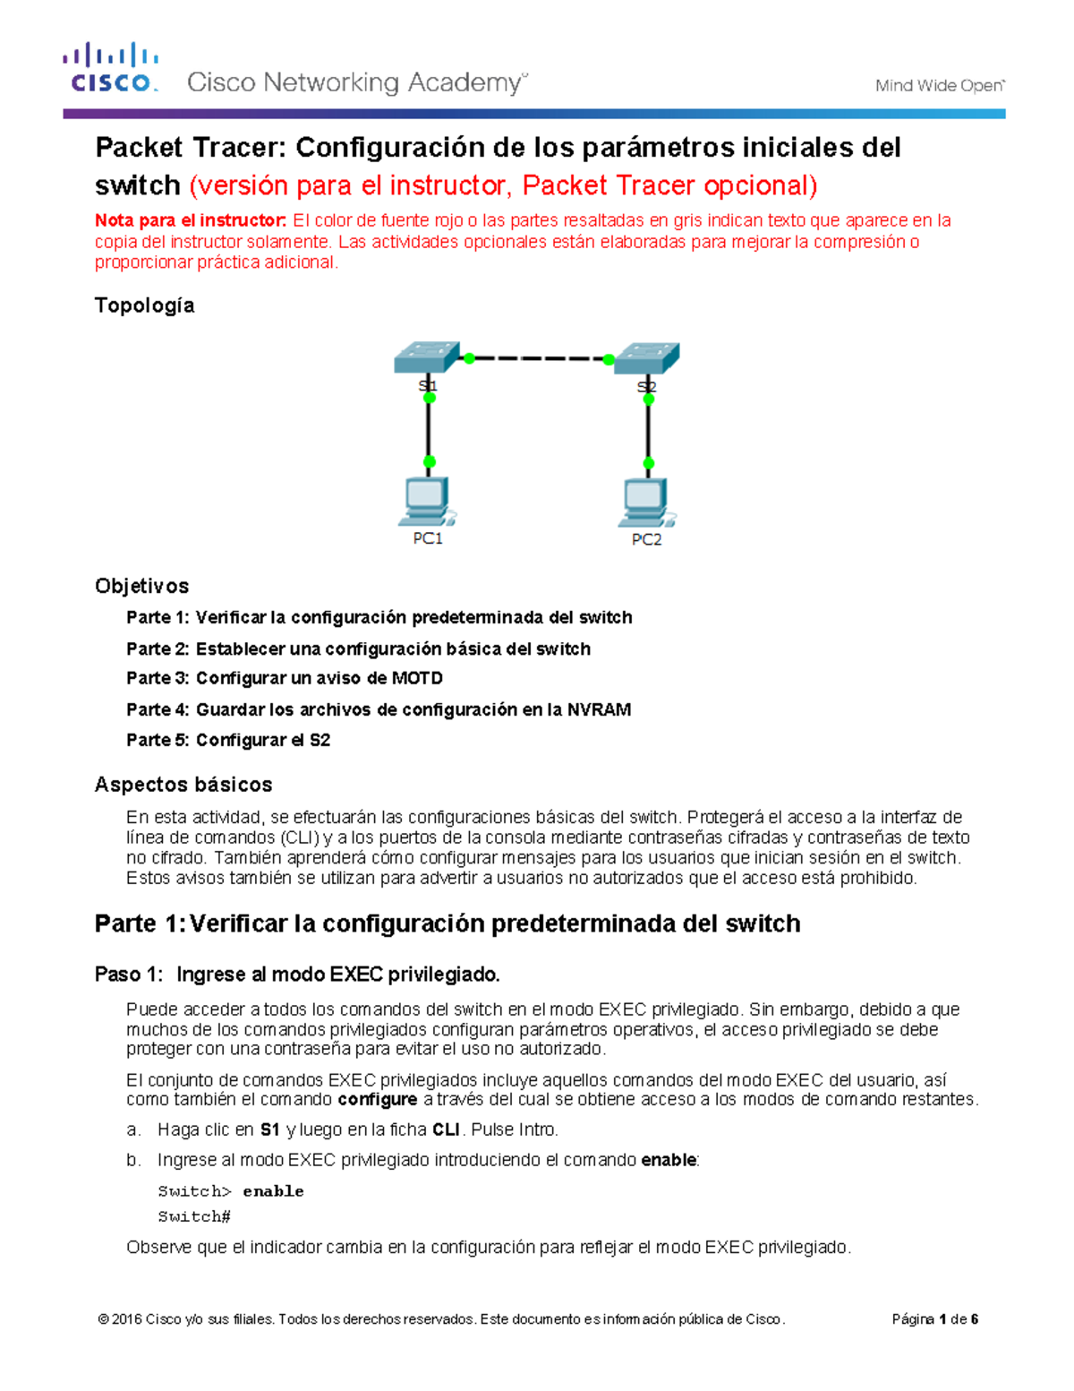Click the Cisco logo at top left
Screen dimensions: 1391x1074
click(x=111, y=68)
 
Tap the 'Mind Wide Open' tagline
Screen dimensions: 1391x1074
click(x=939, y=86)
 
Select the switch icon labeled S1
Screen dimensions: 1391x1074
click(x=427, y=357)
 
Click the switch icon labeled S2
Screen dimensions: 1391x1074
click(x=647, y=358)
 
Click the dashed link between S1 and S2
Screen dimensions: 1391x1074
click(x=538, y=358)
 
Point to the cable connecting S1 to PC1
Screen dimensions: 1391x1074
click(x=429, y=430)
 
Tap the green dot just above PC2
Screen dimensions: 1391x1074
click(x=649, y=464)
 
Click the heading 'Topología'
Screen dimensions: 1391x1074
click(x=144, y=305)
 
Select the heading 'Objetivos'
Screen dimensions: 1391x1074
click(x=141, y=586)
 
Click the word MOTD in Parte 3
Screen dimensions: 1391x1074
click(x=417, y=678)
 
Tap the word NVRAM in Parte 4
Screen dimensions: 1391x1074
click(x=599, y=709)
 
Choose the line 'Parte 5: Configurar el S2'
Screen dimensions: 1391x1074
click(x=228, y=740)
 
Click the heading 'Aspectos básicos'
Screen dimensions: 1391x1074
click(x=183, y=785)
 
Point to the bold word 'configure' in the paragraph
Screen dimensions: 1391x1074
click(x=377, y=1099)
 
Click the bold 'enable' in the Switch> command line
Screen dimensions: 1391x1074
click(x=273, y=1191)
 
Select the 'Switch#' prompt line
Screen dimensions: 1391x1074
click(x=194, y=1216)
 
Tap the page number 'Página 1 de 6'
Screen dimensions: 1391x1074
click(x=934, y=1319)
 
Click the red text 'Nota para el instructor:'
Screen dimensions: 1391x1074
click(x=191, y=220)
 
